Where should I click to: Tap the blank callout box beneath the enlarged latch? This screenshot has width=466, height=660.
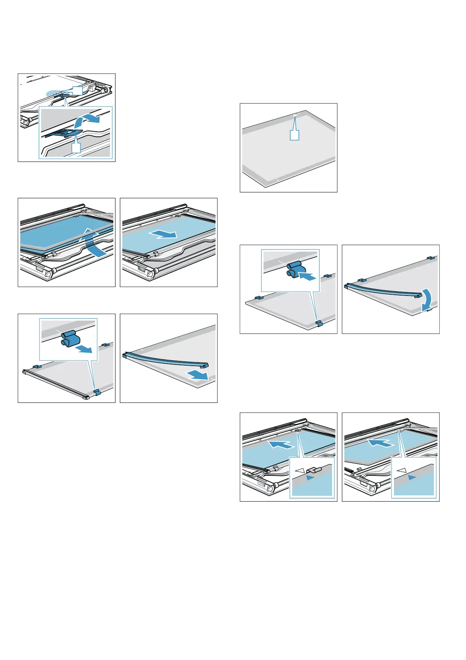76,147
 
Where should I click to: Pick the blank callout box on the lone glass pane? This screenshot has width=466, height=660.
294,135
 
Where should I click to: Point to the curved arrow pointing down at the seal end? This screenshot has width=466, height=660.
428,297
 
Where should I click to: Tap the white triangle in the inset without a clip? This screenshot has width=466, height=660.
401,470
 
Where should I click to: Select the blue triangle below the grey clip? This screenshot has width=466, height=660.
310,478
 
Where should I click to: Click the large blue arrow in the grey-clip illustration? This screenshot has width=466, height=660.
281,444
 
